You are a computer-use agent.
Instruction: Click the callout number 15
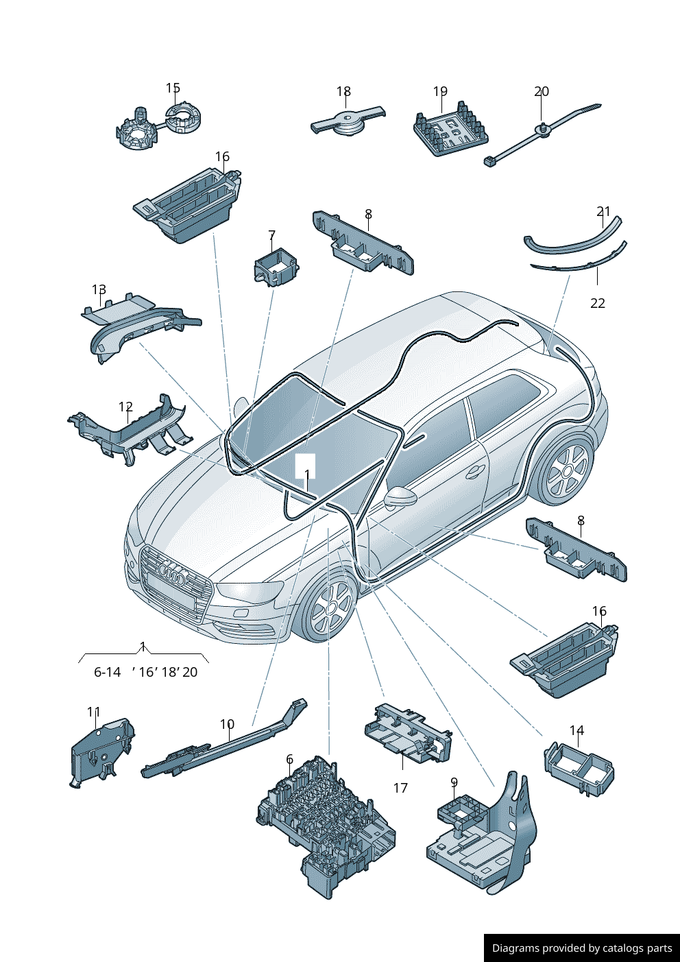click(173, 88)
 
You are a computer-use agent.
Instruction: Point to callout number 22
click(598, 303)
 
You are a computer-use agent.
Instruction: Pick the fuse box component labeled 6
click(326, 826)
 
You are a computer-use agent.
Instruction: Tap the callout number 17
click(400, 789)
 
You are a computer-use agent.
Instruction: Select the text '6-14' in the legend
click(107, 673)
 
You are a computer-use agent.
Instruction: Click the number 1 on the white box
click(307, 474)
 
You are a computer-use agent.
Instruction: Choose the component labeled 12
click(130, 432)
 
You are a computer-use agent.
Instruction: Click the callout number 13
click(99, 290)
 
